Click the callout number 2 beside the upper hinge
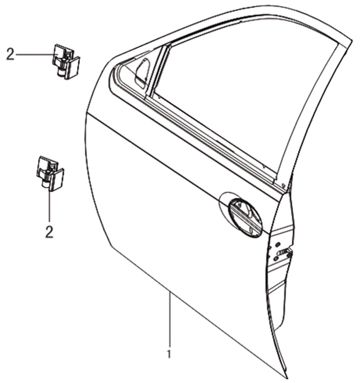(10, 54)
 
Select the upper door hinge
(66, 62)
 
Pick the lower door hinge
(50, 174)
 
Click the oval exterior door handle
(245, 218)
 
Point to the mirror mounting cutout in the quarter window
(142, 72)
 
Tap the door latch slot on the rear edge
(283, 252)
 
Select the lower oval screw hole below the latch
(275, 259)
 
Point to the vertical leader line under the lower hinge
(50, 205)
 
